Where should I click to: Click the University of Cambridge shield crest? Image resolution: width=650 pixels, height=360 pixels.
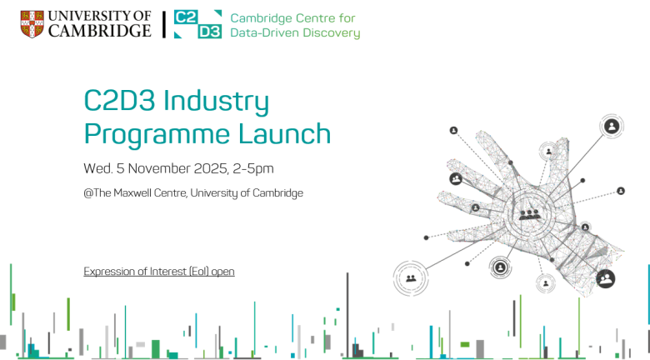tap(32, 23)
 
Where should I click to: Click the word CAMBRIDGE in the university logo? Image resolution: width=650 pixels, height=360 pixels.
tap(100, 31)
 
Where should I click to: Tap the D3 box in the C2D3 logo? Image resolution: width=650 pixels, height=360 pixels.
tap(208, 32)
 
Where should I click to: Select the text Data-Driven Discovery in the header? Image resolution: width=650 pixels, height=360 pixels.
tap(295, 33)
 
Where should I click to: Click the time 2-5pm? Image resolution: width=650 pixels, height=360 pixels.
tap(253, 168)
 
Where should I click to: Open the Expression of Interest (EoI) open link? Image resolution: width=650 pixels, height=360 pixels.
tap(159, 271)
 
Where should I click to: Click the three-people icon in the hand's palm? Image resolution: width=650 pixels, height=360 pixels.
tap(529, 213)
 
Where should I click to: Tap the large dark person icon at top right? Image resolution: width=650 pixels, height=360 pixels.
tap(612, 127)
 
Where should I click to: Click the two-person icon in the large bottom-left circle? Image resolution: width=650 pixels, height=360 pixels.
tap(410, 278)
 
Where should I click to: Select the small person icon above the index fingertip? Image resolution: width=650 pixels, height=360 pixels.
tap(454, 130)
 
